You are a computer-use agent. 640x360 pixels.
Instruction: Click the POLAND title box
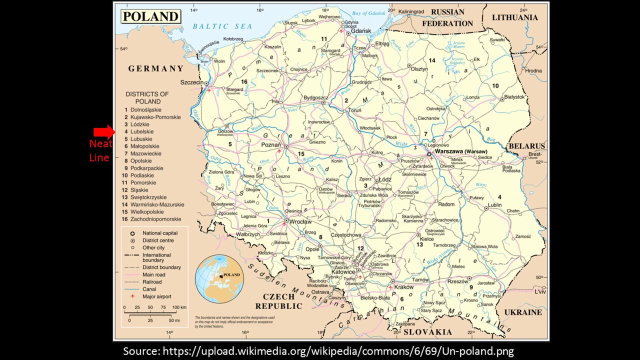coord(150,16)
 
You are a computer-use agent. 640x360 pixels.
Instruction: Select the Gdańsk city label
coord(361,31)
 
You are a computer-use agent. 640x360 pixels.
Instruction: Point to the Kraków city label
coord(404,287)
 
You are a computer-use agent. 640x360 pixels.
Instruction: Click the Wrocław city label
coord(300,221)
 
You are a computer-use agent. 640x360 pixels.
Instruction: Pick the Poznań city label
coord(271,144)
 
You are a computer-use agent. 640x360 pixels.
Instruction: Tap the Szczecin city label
coord(192,82)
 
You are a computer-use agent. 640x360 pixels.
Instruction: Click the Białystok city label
coord(514,97)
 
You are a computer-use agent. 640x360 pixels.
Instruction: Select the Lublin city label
coord(495,205)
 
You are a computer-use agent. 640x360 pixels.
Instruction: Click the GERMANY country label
coord(156,69)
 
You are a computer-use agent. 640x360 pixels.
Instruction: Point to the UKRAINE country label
coord(522,312)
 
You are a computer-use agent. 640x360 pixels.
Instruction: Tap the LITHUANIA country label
coord(515,17)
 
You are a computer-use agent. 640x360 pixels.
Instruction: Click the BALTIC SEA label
coord(218,26)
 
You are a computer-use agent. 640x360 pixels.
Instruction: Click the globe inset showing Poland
coord(219,278)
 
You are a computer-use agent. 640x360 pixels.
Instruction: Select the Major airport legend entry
coord(156,296)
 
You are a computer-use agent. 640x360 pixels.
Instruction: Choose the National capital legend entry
coord(159,233)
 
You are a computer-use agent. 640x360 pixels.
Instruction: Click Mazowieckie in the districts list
coord(145,154)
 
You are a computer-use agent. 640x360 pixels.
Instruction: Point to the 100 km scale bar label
coord(179,307)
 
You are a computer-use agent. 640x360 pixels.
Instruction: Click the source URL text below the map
coord(318,351)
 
